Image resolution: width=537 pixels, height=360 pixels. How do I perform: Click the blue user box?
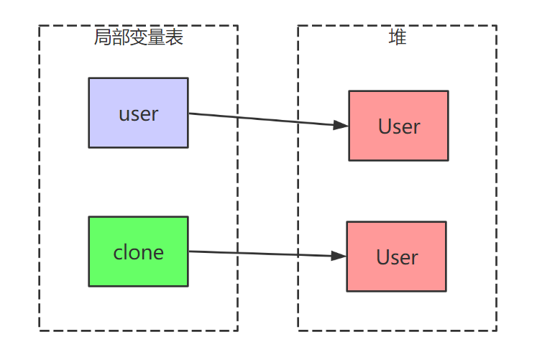point(138,113)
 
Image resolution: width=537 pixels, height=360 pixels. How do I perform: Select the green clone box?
point(138,251)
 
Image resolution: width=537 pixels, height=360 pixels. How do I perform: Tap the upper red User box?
point(398,126)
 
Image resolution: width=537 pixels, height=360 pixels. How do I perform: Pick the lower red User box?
point(396,257)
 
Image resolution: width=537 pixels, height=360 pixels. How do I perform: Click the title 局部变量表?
point(139,37)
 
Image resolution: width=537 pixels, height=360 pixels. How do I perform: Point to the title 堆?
point(398,37)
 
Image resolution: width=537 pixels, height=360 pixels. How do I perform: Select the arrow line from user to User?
point(266,119)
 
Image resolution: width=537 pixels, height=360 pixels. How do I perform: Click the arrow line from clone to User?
point(266,254)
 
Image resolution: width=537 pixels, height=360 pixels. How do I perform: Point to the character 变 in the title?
point(139,37)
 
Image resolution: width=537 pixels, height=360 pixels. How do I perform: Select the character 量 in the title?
point(157,37)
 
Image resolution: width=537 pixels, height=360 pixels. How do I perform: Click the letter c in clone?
point(118,253)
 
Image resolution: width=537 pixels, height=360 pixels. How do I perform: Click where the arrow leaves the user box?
point(189,114)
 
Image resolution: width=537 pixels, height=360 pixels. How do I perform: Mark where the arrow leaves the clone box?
point(189,251)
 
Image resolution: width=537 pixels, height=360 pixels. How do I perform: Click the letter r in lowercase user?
point(155,115)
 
